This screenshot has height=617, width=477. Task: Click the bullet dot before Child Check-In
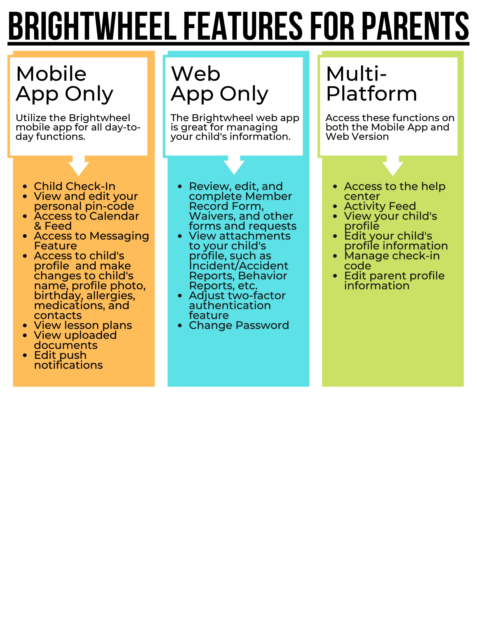(25, 186)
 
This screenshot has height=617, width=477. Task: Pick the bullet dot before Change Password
(180, 326)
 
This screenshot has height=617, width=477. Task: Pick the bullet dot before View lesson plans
(25, 326)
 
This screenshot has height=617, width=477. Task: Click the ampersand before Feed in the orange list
(38, 226)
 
